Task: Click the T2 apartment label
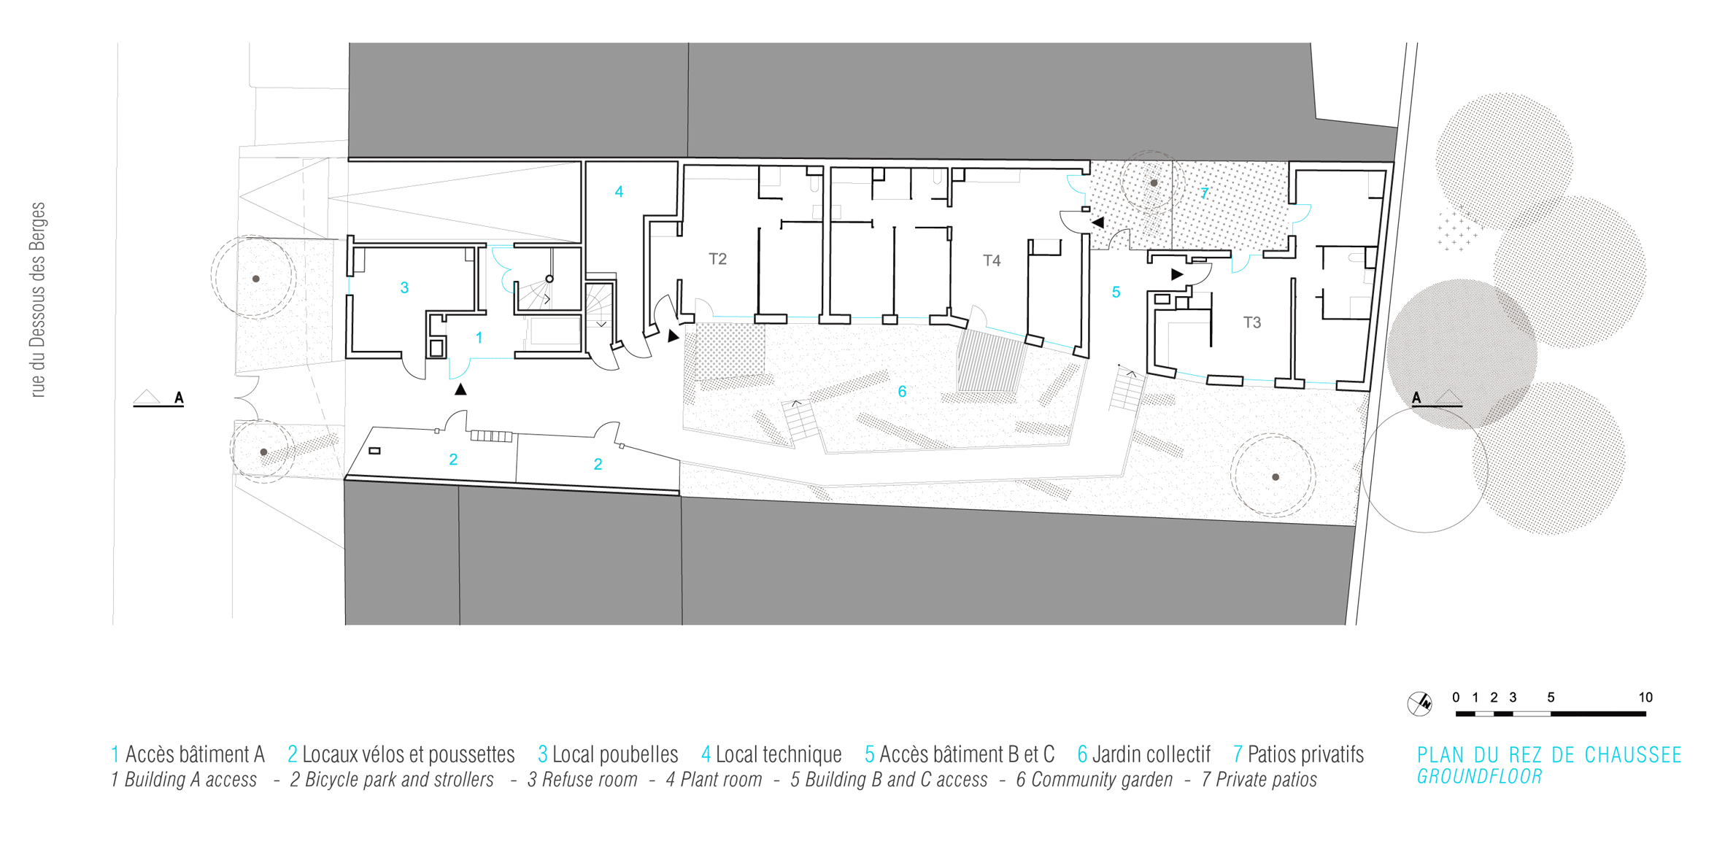pyautogui.click(x=717, y=259)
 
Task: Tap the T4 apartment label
pyautogui.click(x=992, y=260)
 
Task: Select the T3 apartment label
pyautogui.click(x=1252, y=322)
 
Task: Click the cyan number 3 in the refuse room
pyautogui.click(x=404, y=288)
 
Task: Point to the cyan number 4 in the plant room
pyautogui.click(x=619, y=192)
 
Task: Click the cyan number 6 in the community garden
pyautogui.click(x=902, y=392)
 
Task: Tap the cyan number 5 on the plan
pyautogui.click(x=1116, y=293)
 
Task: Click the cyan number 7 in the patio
pyautogui.click(x=1204, y=193)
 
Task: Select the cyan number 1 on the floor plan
pyautogui.click(x=479, y=338)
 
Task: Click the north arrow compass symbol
pyautogui.click(x=1419, y=704)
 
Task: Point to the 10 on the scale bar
pyautogui.click(x=1645, y=697)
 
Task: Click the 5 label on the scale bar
pyautogui.click(x=1551, y=697)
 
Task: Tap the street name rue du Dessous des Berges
pyautogui.click(x=38, y=300)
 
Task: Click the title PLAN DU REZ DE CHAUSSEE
pyautogui.click(x=1549, y=755)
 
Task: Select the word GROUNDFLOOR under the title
pyautogui.click(x=1480, y=777)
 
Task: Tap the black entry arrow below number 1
pyautogui.click(x=460, y=390)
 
